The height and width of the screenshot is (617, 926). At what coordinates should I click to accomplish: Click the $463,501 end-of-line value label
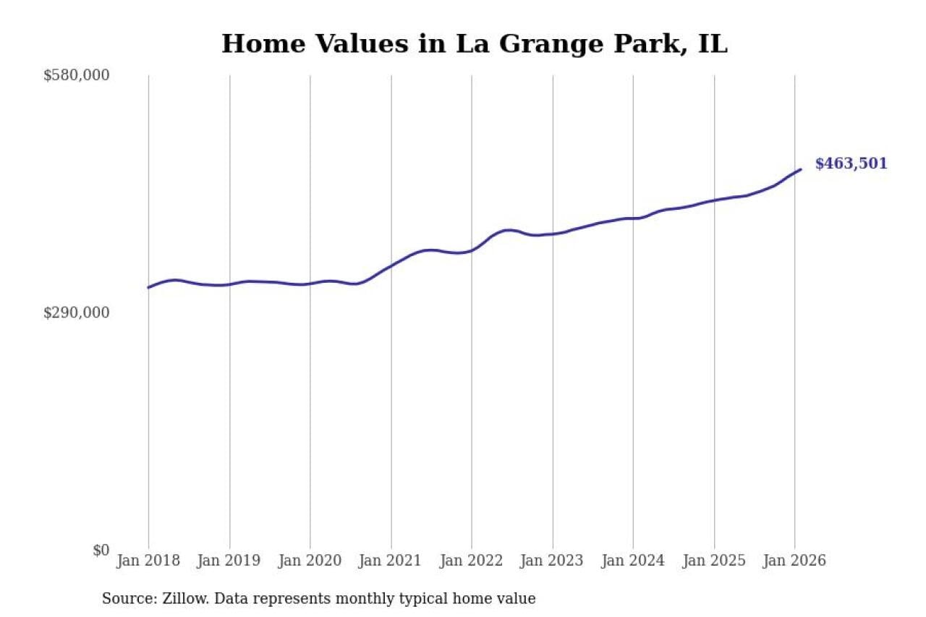(x=851, y=164)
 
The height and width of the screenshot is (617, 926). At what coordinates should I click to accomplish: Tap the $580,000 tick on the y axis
(x=76, y=75)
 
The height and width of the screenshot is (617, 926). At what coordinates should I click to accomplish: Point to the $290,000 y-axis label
(x=76, y=312)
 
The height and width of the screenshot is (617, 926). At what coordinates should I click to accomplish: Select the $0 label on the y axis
(x=101, y=550)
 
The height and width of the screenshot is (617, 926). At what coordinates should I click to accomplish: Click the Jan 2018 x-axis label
(x=148, y=561)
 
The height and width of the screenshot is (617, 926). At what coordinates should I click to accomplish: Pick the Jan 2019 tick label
(x=229, y=561)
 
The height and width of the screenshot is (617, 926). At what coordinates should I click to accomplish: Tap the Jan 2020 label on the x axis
(x=310, y=561)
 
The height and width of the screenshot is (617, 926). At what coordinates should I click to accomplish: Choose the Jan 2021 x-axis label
(x=391, y=561)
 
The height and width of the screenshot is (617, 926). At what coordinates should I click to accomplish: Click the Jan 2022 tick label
(x=472, y=561)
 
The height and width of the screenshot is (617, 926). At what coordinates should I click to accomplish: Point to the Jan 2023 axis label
(x=552, y=561)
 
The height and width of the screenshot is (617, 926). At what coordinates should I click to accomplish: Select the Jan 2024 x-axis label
(x=633, y=561)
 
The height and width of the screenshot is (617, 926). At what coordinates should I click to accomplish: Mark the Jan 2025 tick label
(x=714, y=561)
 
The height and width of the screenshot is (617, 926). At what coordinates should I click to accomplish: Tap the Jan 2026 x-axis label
(x=794, y=561)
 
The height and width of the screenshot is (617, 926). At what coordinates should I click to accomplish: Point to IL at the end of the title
(x=713, y=44)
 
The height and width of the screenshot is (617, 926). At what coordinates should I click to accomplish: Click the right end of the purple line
(x=801, y=169)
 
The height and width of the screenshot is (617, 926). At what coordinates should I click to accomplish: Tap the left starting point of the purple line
(x=148, y=288)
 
